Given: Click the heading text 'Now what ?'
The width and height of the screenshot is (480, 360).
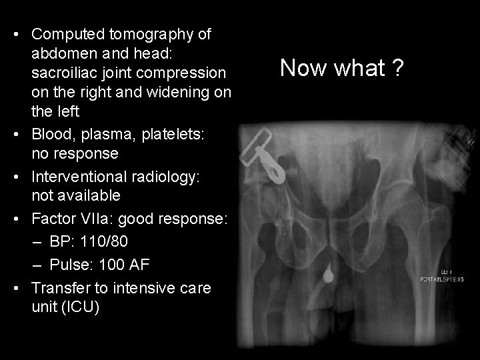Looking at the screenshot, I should click(341, 68).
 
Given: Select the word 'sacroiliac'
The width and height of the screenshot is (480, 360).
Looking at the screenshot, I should click(65, 70).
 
